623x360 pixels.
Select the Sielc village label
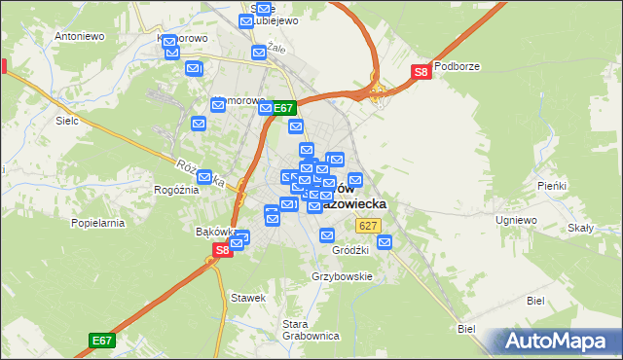pos(67,125)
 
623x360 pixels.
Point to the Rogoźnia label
pos(175,190)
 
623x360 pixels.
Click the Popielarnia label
pos(97,223)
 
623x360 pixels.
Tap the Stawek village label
pos(247,297)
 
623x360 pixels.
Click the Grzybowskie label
pos(342,276)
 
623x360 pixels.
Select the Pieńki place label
pos(551,185)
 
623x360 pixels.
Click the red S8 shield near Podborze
pos(421,71)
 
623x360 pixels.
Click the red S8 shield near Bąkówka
pos(222,249)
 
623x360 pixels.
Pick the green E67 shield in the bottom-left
pos(102,340)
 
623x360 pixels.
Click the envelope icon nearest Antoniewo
pos(169,43)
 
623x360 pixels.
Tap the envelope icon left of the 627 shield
pos(327,234)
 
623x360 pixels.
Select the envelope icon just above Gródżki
pos(327,234)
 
